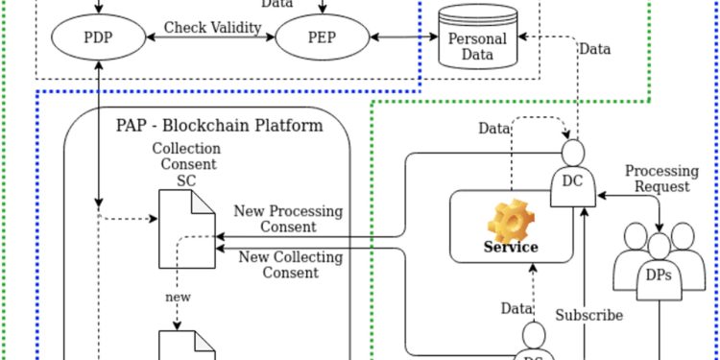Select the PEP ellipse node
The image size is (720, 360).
[322, 38]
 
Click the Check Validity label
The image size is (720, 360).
[212, 27]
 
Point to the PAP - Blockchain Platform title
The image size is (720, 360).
[219, 125]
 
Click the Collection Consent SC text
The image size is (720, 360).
[185, 163]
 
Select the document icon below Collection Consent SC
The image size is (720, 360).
[188, 228]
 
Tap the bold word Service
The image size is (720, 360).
[510, 248]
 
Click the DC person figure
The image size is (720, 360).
[572, 173]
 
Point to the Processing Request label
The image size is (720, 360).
[661, 179]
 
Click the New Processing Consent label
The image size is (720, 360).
[288, 219]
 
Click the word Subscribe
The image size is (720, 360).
[589, 315]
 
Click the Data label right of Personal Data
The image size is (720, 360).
[595, 49]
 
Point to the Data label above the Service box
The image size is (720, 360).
[495, 129]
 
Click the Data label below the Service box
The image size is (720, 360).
[516, 308]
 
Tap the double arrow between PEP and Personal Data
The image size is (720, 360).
[402, 37]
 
